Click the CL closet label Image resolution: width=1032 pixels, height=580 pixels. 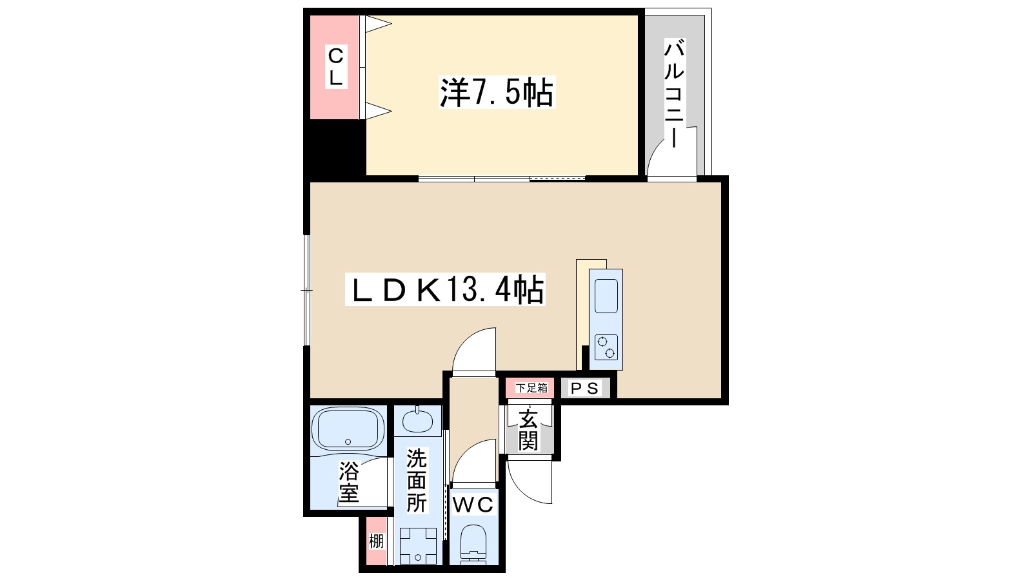coord(335,67)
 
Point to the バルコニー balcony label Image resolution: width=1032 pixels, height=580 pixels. coord(675,93)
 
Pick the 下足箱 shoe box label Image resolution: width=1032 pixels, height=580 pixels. coord(531,388)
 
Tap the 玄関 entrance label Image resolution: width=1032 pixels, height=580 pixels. coord(528,430)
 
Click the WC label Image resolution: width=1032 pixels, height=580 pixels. coord(473,505)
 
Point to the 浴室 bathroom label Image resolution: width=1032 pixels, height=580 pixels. coord(348,483)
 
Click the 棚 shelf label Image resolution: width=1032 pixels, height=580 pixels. coord(375,540)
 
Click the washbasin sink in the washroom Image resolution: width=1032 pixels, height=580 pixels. coord(418,421)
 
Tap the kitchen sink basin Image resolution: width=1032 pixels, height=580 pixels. coord(606,296)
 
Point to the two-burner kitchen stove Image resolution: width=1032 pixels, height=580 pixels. coord(606,347)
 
